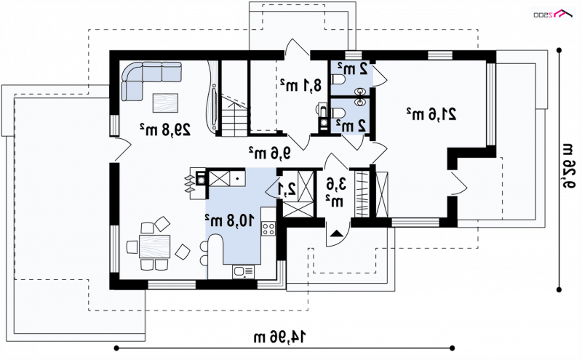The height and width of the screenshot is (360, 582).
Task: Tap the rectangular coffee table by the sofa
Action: click(166, 103)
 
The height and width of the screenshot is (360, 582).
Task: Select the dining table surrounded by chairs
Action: click(154, 246)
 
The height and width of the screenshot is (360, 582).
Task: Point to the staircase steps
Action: click(234, 115)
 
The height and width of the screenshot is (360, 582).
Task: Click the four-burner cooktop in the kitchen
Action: click(268, 228)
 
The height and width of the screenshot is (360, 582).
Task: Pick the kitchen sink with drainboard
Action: click(243, 272)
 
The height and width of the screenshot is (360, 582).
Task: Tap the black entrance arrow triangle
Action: click(337, 233)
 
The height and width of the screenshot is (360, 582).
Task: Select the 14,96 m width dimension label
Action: click(281, 337)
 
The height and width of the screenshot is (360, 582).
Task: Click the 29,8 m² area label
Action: click(165, 129)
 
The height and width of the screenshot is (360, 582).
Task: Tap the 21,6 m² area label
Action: click(431, 114)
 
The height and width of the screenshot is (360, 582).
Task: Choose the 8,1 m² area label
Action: click(300, 85)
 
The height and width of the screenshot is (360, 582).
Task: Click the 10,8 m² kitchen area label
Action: click(229, 220)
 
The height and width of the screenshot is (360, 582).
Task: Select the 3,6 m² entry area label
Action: click(335, 192)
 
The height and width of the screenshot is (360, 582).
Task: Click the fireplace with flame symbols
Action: click(196, 183)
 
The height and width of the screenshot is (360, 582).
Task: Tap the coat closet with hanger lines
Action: click(362, 193)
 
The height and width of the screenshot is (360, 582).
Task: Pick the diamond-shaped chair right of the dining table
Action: click(183, 252)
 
